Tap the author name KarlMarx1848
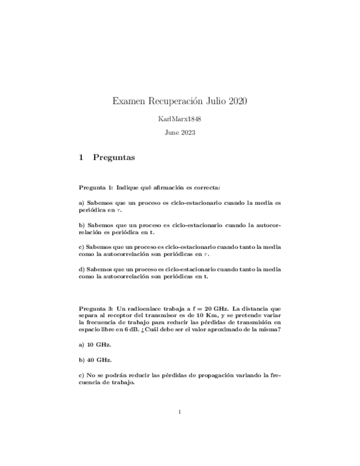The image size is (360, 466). coord(180,119)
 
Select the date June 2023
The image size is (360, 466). coord(180,132)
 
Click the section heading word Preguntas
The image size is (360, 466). coord(114,158)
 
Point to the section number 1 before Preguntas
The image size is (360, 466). coord(81,158)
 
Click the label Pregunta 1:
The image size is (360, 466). coord(96,187)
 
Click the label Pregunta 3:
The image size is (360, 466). coord(96,309)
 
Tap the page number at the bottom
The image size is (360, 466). coord(180,412)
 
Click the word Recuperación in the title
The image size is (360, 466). coord(176,101)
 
